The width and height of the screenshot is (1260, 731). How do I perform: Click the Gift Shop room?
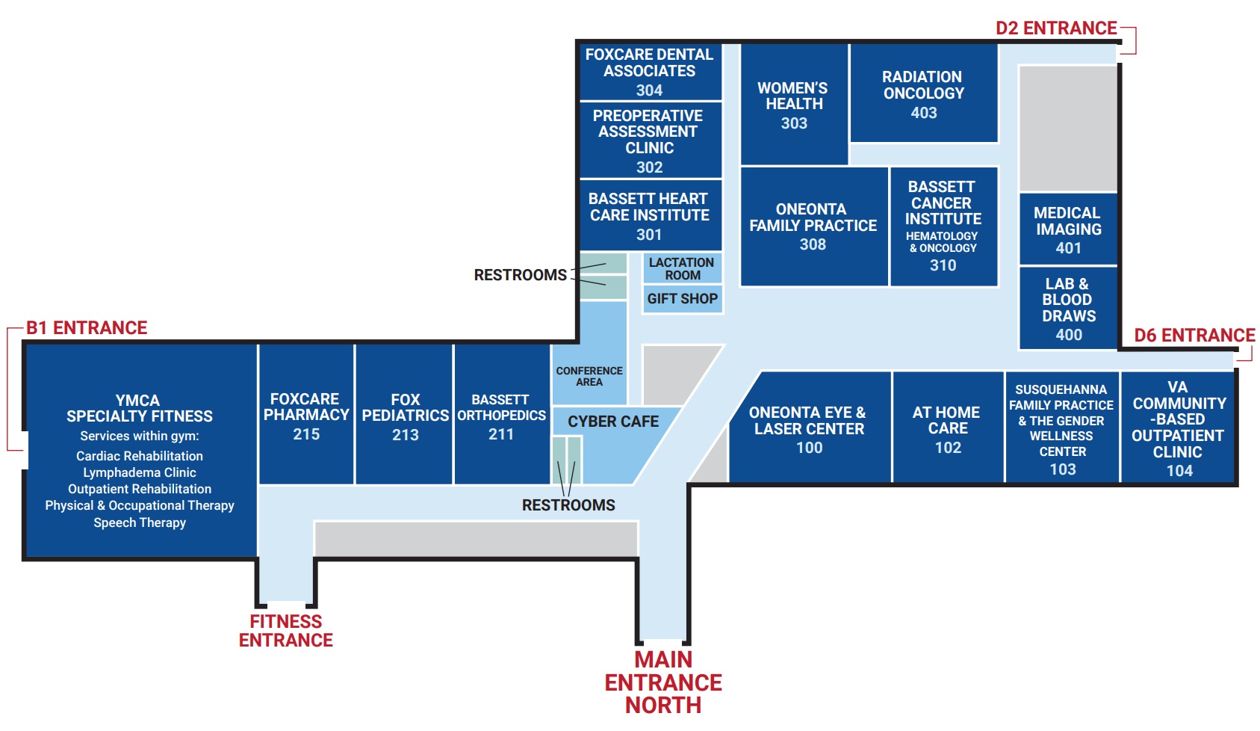683,299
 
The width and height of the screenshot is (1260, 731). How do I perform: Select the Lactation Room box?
683,268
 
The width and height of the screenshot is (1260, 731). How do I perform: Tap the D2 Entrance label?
1056,28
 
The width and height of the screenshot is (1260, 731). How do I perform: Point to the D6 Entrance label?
1194,336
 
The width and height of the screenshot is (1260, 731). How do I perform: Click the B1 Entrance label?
87,328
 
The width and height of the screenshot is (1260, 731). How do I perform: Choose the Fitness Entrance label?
286,631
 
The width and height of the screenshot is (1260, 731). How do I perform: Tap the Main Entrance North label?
663,682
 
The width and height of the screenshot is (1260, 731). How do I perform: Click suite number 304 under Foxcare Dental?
649,90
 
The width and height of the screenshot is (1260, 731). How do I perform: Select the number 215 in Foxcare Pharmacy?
306,434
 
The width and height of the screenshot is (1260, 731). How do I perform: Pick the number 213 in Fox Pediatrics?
405,435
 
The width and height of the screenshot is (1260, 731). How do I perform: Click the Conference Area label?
589,377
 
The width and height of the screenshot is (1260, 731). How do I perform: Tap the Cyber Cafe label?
613,422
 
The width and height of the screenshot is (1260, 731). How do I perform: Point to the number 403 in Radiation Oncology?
924,113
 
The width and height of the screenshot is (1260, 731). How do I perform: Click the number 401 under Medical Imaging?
1068,248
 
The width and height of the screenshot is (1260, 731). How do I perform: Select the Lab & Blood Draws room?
1068,308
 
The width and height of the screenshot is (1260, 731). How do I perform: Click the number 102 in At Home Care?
948,448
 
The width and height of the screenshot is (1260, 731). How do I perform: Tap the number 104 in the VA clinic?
1179,471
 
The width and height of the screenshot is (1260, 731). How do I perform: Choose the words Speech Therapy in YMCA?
140,522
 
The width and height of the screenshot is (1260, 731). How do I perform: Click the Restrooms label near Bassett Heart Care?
521,275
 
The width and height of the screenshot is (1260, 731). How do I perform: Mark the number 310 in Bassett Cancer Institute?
943,265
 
